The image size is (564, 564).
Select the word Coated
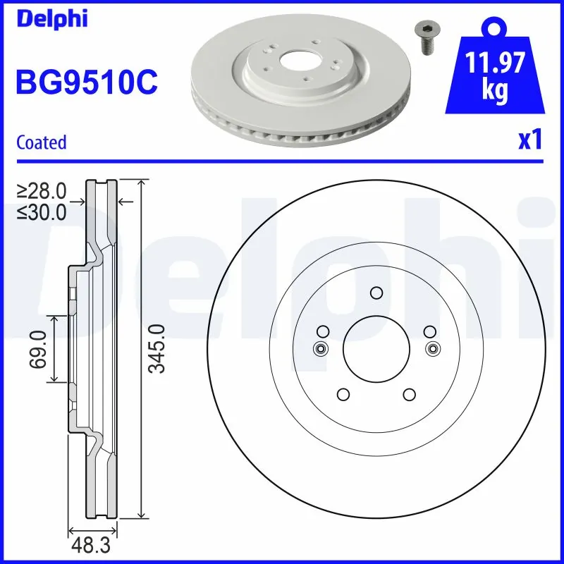[41, 142]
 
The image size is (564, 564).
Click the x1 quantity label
[529, 141]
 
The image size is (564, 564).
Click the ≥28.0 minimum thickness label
[42, 191]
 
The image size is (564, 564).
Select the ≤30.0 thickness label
[42, 211]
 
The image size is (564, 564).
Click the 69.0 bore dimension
[39, 348]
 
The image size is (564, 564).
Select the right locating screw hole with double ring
[432, 348]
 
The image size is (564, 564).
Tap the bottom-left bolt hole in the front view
[343, 395]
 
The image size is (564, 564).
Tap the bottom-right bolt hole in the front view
[409, 395]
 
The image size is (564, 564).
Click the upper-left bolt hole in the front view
[323, 331]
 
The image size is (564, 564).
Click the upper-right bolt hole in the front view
[429, 331]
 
